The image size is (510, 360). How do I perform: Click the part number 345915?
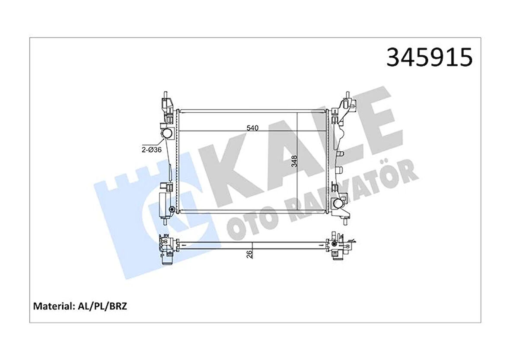click(x=429, y=58)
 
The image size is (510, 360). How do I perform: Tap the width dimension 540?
click(x=252, y=128)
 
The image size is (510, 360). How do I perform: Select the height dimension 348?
click(x=294, y=162)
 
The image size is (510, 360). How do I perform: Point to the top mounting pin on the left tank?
click(x=166, y=94)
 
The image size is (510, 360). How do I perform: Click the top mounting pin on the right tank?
click(x=347, y=94)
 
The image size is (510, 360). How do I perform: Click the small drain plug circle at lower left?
click(x=172, y=210)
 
